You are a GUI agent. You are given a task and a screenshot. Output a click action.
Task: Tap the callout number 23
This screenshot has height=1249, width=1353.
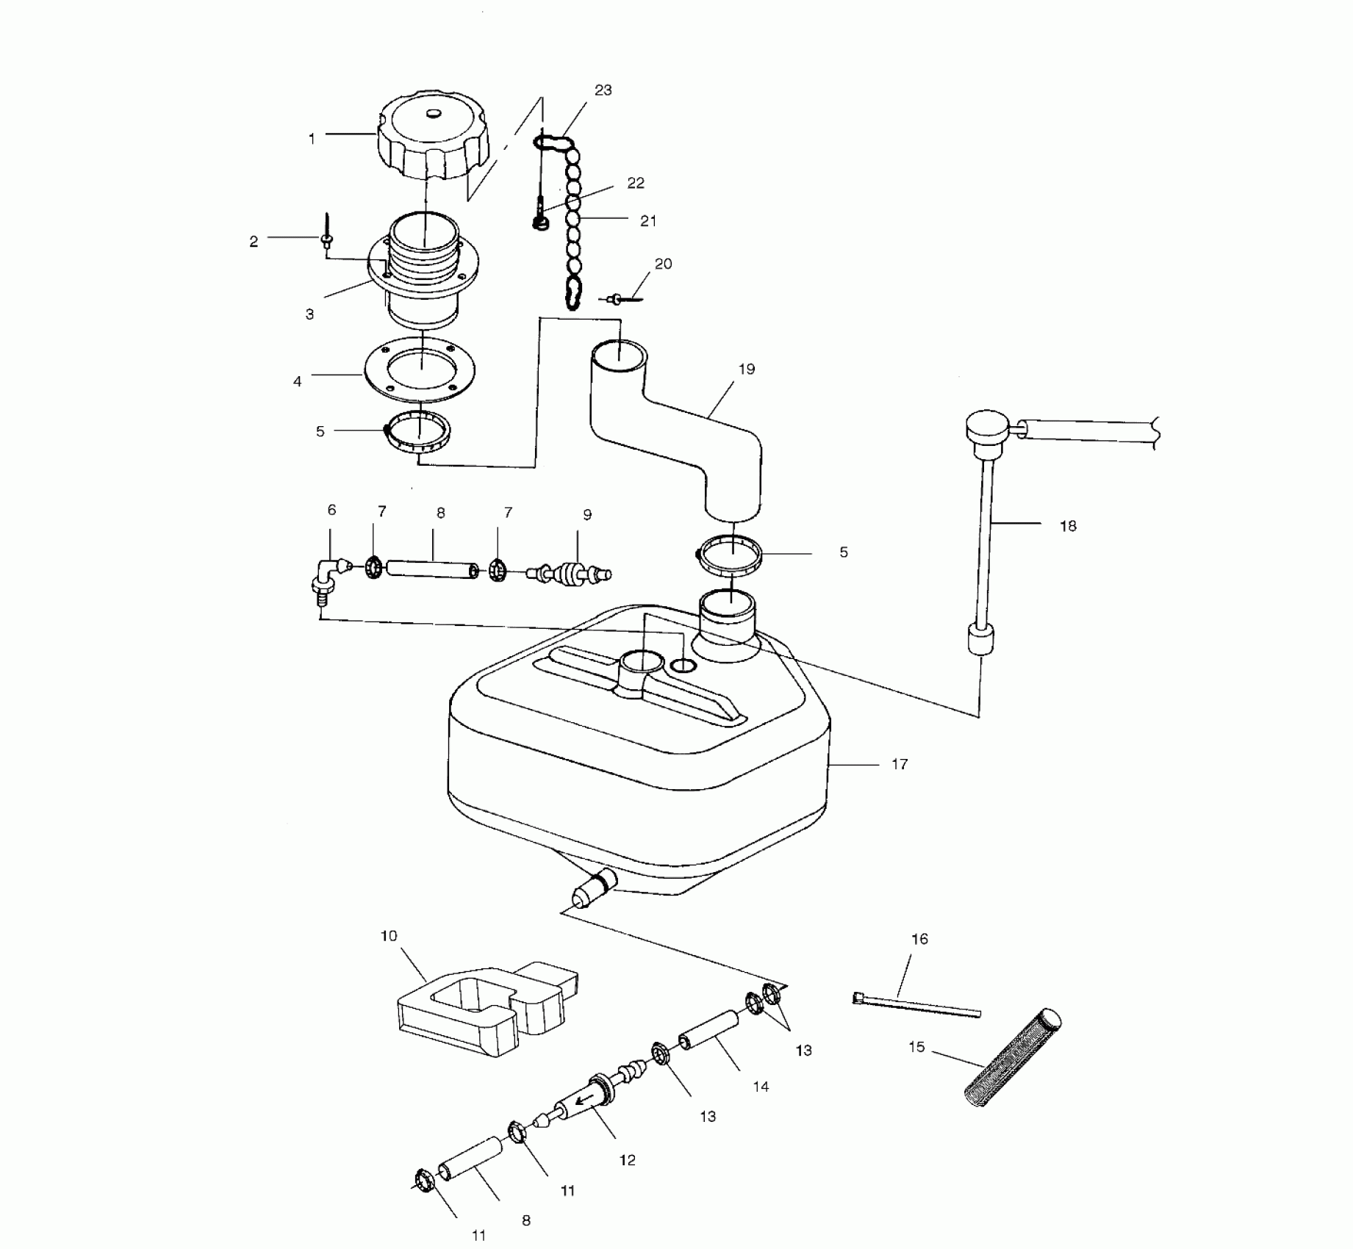603,90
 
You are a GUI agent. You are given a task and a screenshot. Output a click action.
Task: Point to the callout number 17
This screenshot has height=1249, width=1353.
900,764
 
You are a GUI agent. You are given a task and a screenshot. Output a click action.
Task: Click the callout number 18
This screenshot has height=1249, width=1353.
1068,525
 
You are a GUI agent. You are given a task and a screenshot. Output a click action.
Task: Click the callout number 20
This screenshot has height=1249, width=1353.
663,264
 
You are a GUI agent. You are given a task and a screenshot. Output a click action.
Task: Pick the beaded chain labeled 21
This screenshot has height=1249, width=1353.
574,220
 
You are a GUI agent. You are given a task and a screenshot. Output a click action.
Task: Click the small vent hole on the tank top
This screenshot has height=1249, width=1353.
683,666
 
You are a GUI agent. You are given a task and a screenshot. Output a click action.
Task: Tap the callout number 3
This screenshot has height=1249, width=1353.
309,314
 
